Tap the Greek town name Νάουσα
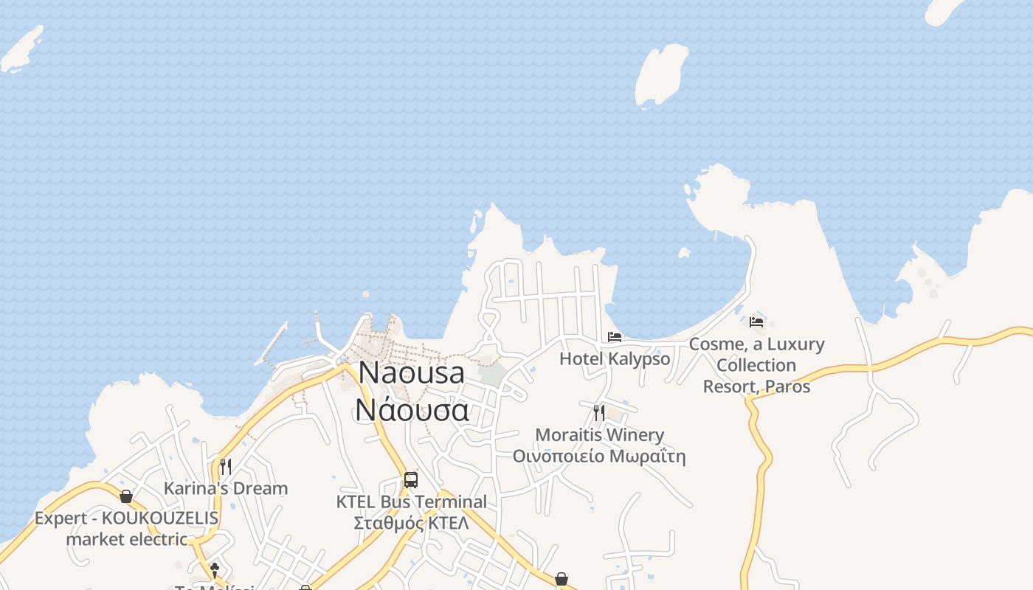411,409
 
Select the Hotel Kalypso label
615,359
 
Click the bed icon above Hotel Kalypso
615,337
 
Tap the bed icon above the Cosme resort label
756,322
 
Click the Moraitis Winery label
599,435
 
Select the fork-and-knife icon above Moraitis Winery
599,412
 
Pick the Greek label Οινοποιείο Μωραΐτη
599,457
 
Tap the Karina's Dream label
225,488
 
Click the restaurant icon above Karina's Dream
225,466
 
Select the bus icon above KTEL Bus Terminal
411,480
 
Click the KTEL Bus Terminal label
411,502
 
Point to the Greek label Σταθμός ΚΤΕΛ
411,523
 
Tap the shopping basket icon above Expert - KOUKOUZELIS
126,496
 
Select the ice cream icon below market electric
215,570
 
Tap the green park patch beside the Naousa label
492,372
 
